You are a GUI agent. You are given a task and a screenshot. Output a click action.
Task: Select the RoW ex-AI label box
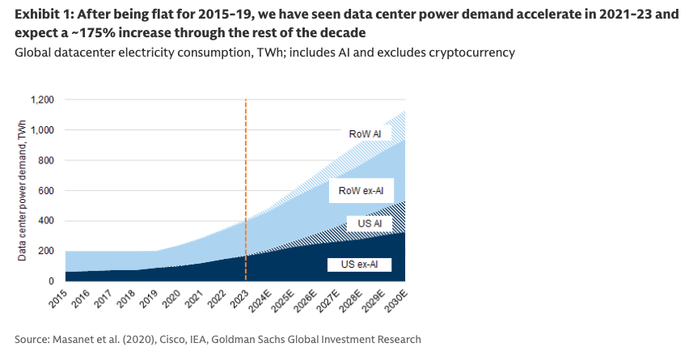pyautogui.click(x=361, y=191)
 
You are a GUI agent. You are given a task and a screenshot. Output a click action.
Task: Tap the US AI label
pyautogui.click(x=360, y=223)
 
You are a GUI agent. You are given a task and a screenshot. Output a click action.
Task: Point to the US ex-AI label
pyautogui.click(x=361, y=265)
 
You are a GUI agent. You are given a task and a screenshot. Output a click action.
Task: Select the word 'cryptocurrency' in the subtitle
pyautogui.click(x=475, y=53)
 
